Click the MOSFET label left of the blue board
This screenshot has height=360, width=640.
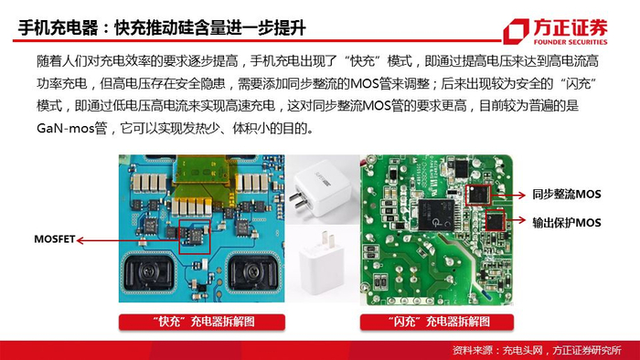[x=54, y=239]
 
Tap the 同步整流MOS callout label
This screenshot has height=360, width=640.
[x=567, y=195]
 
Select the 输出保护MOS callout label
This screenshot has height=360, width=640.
[x=567, y=223]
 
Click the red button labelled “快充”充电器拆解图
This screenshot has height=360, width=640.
[x=202, y=323]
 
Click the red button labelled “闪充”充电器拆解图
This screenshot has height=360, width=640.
[x=437, y=323]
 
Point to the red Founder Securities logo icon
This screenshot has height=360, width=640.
[x=516, y=31]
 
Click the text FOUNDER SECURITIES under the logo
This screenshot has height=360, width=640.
[x=571, y=42]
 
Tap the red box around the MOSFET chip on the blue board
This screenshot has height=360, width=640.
[x=195, y=237]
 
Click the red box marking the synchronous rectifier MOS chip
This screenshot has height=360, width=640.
[x=478, y=195]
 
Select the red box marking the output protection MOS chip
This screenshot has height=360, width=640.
[x=495, y=220]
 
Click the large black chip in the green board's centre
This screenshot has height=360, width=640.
[x=437, y=216]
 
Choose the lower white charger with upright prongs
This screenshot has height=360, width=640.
[x=323, y=265]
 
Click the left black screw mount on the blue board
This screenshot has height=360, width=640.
[x=149, y=272]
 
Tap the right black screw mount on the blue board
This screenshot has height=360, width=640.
[x=254, y=272]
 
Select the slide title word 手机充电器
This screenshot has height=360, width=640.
[x=58, y=28]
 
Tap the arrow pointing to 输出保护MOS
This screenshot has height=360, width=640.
[x=516, y=220]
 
